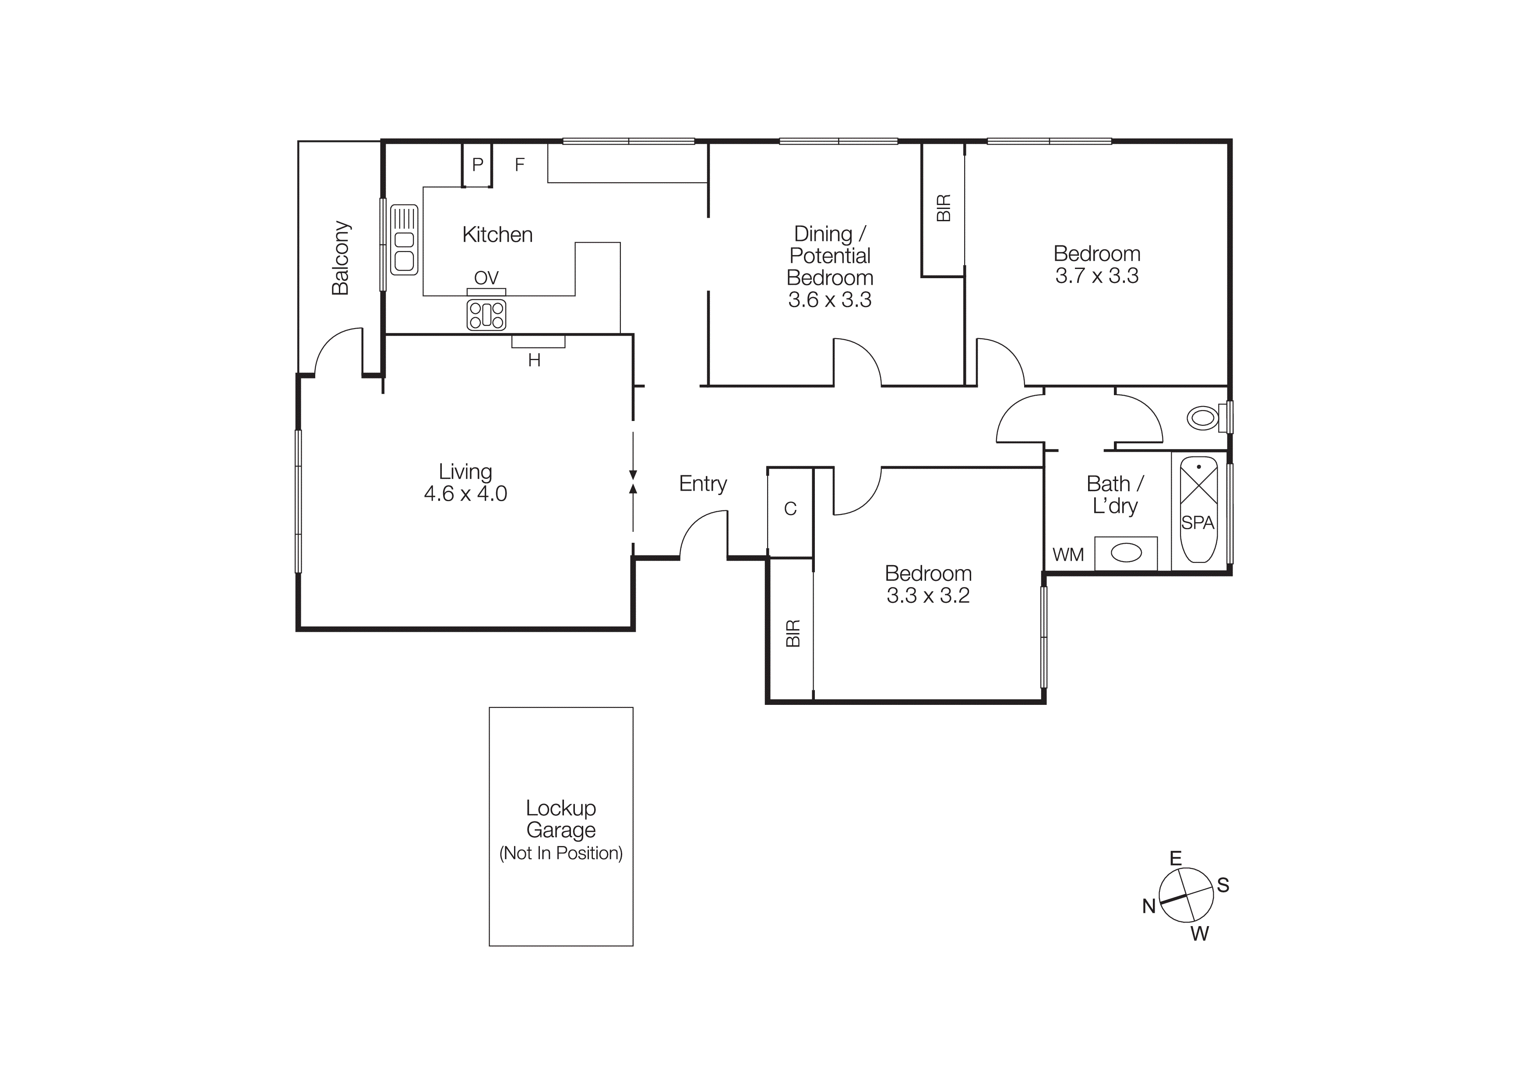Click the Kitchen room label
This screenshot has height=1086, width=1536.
click(x=497, y=235)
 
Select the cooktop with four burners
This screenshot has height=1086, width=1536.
click(x=486, y=315)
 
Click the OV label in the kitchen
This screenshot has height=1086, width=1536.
click(x=486, y=278)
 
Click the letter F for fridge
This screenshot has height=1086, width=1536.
click(x=519, y=165)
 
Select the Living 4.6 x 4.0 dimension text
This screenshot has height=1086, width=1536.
click(x=465, y=494)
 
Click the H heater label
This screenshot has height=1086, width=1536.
click(x=534, y=361)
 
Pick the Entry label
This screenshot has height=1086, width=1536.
click(x=702, y=484)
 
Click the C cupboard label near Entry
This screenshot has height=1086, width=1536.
click(x=790, y=509)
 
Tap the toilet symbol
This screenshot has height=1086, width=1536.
click(x=1203, y=418)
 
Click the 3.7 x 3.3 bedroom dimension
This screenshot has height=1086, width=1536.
click(x=1096, y=276)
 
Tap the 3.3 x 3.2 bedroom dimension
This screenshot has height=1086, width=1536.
click(x=928, y=595)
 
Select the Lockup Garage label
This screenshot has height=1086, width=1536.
click(x=560, y=819)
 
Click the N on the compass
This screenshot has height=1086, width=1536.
click(x=1148, y=907)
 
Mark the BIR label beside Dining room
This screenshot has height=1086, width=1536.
click(x=943, y=208)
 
